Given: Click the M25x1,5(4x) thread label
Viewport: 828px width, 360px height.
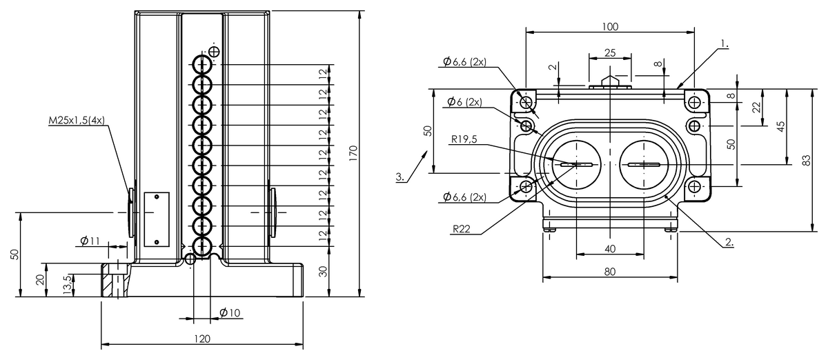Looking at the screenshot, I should [x=77, y=120].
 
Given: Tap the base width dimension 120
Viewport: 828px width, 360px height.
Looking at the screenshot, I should [x=201, y=339].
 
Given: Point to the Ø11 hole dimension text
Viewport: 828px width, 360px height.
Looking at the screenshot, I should [x=90, y=241].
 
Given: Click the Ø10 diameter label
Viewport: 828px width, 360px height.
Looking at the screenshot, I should [x=230, y=312].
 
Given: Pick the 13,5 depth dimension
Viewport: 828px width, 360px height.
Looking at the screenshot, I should [x=66, y=283].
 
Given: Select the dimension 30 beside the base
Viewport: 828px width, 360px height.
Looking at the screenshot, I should [x=323, y=271].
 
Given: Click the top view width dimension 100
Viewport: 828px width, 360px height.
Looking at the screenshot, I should [x=610, y=27].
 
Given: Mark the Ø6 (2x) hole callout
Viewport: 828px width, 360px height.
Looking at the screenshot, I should [x=464, y=102].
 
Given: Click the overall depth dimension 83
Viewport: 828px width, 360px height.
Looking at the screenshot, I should [x=806, y=159].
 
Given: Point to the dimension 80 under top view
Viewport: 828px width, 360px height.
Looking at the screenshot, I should [x=609, y=271].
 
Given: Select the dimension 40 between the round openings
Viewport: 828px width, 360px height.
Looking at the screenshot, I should [x=609, y=248].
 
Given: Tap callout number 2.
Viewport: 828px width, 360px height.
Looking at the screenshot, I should [x=729, y=242].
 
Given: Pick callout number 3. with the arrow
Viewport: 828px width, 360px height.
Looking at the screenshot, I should [x=401, y=177].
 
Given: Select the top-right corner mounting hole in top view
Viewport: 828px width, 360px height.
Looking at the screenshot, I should [x=693, y=102].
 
